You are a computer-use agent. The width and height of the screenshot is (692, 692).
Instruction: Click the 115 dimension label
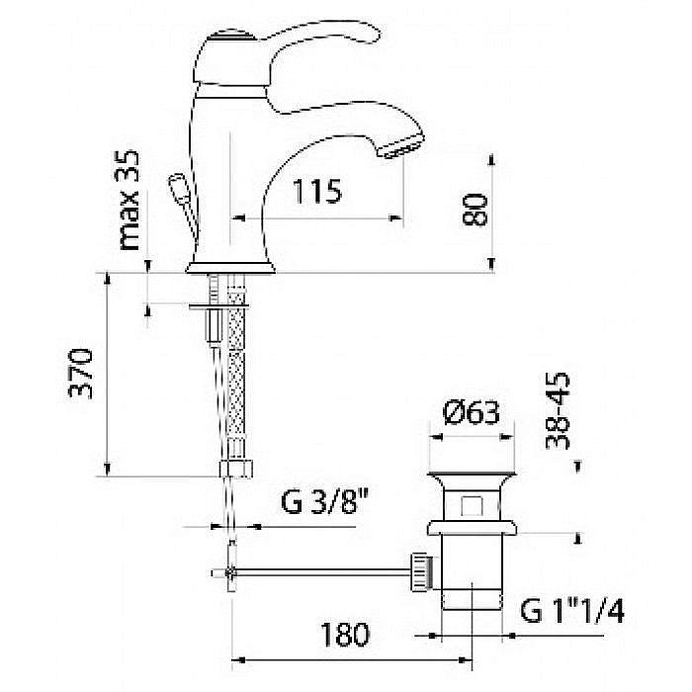click(x=317, y=192)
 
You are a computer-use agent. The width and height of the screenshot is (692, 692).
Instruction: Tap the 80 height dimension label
click(x=475, y=210)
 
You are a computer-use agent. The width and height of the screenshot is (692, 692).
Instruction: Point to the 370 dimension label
click(x=81, y=374)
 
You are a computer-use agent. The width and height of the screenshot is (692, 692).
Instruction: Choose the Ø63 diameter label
click(x=471, y=412)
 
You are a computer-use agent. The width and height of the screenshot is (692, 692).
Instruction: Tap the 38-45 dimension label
click(x=558, y=411)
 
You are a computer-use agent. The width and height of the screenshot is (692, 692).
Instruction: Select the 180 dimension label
click(x=344, y=635)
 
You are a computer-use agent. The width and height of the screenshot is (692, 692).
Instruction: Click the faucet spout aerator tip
click(x=400, y=149)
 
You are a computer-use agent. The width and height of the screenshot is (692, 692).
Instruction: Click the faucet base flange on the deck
click(x=230, y=268)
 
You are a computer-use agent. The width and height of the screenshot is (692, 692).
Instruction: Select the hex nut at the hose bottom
click(x=236, y=470)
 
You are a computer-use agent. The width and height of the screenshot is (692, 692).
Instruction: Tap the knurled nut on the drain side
click(x=420, y=571)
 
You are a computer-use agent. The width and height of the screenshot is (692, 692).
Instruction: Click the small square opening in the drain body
click(x=471, y=506)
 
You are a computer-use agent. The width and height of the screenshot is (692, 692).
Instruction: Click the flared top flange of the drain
click(x=472, y=477)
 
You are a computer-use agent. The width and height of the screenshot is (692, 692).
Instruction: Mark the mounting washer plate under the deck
click(x=218, y=305)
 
